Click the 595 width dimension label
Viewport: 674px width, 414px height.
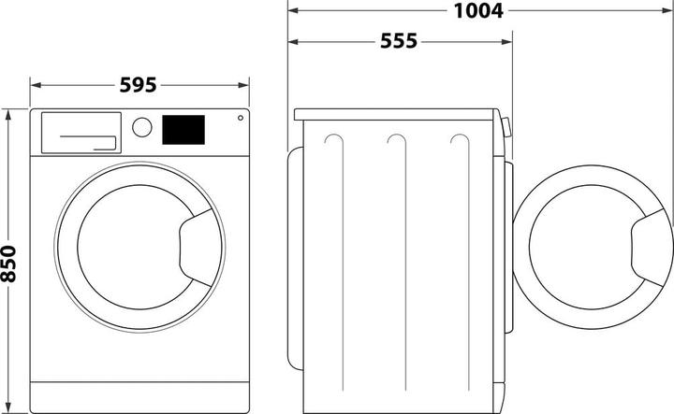[139, 85]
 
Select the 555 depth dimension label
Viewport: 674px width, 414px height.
[399, 42]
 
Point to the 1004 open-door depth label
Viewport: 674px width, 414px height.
[479, 11]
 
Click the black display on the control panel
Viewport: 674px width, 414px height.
[183, 130]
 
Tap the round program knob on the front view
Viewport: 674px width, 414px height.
[142, 127]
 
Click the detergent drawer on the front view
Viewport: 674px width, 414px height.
[79, 132]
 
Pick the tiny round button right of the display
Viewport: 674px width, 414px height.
[240, 120]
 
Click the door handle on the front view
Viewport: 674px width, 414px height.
[198, 244]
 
